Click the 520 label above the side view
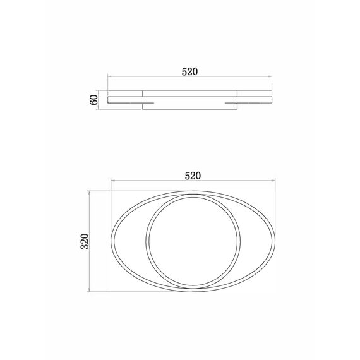tap(189, 72)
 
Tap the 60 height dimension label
tap(93, 100)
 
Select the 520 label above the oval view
tap(193, 176)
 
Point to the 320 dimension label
tap(85, 241)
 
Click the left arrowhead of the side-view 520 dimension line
tap(109, 76)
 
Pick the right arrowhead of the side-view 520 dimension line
tap(270, 76)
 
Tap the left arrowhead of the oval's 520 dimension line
tap(112, 181)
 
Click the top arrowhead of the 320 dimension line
tap(89, 193)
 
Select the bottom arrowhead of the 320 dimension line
tap(89, 290)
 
